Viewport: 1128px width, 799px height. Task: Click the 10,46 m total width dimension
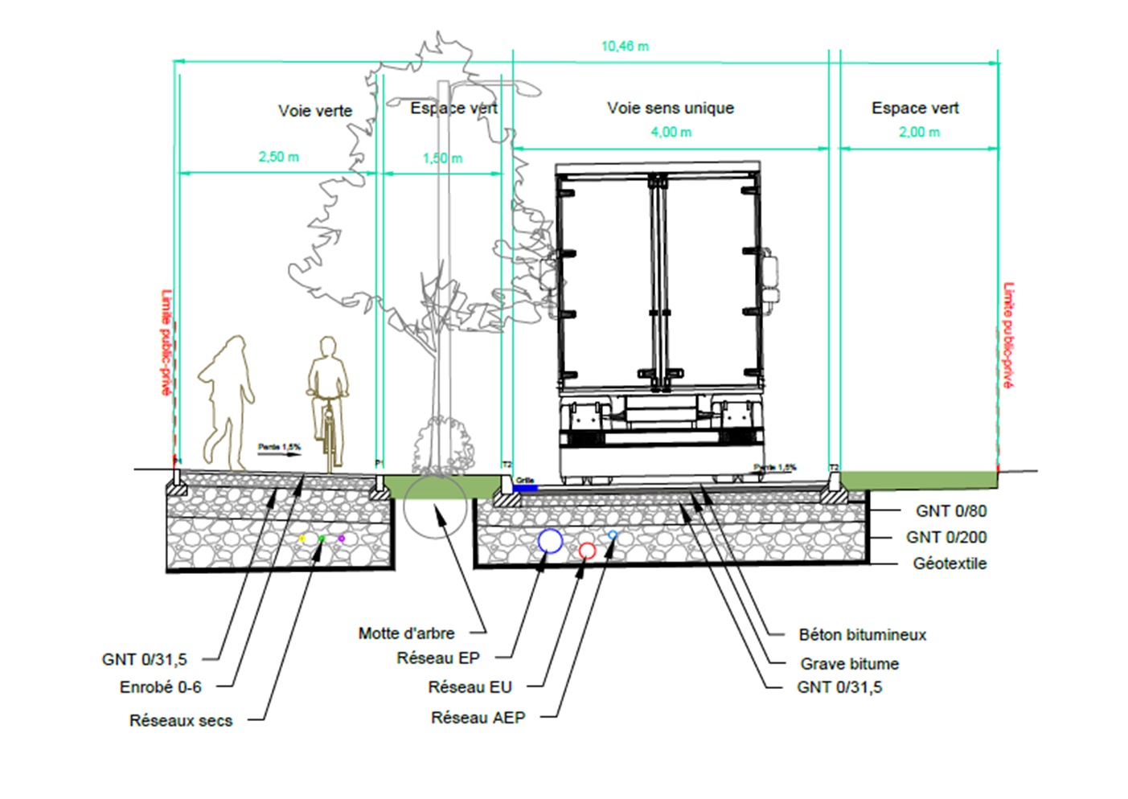click(625, 47)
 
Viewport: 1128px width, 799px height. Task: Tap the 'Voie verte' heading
click(315, 111)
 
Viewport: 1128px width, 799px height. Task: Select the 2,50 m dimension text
click(278, 157)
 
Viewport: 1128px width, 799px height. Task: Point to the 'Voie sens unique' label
click(670, 108)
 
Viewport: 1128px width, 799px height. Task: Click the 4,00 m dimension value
click(671, 132)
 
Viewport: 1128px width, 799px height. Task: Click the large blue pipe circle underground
click(550, 541)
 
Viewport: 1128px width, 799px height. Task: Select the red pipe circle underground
click(587, 551)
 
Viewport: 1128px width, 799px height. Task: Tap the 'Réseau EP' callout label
click(438, 658)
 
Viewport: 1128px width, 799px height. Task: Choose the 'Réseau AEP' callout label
click(478, 718)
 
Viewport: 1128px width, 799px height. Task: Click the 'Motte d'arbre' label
click(406, 633)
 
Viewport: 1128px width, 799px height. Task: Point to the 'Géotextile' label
click(950, 563)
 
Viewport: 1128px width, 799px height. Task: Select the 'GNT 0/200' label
click(946, 537)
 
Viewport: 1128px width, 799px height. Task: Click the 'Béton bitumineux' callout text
click(862, 635)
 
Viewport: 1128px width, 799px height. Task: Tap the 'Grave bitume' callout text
click(849, 664)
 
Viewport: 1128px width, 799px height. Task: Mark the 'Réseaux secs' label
click(181, 721)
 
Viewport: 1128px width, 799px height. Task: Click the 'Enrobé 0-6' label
click(161, 687)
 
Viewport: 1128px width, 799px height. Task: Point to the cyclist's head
click(327, 346)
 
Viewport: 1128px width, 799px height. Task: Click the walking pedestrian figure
click(227, 402)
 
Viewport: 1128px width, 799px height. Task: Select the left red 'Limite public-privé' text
click(166, 342)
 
